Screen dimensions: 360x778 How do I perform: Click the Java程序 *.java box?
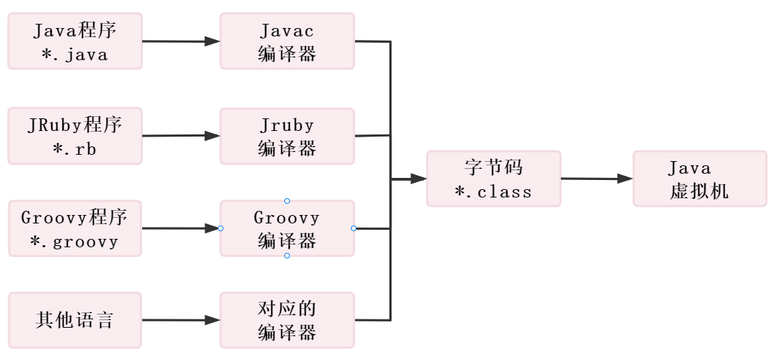point(75,41)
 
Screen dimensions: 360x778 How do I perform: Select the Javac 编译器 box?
point(287,41)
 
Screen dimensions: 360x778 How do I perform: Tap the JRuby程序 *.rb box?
point(75,136)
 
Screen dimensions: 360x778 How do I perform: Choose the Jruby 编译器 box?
point(287,136)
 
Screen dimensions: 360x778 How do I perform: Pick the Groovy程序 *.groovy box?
point(75,228)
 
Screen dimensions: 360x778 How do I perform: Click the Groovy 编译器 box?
point(287,228)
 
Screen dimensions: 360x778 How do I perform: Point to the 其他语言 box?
point(75,321)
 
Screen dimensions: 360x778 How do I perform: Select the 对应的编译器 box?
point(287,321)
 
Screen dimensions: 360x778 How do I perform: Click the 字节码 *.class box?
point(494,179)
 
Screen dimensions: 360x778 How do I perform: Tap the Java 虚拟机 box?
point(700,179)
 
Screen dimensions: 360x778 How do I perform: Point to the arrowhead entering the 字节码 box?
point(418,179)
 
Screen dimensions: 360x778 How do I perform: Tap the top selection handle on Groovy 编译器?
point(287,201)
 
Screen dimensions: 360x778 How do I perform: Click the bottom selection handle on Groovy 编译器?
point(287,256)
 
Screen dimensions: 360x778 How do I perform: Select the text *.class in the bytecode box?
point(493,191)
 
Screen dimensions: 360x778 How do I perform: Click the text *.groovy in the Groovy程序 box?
point(74,242)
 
